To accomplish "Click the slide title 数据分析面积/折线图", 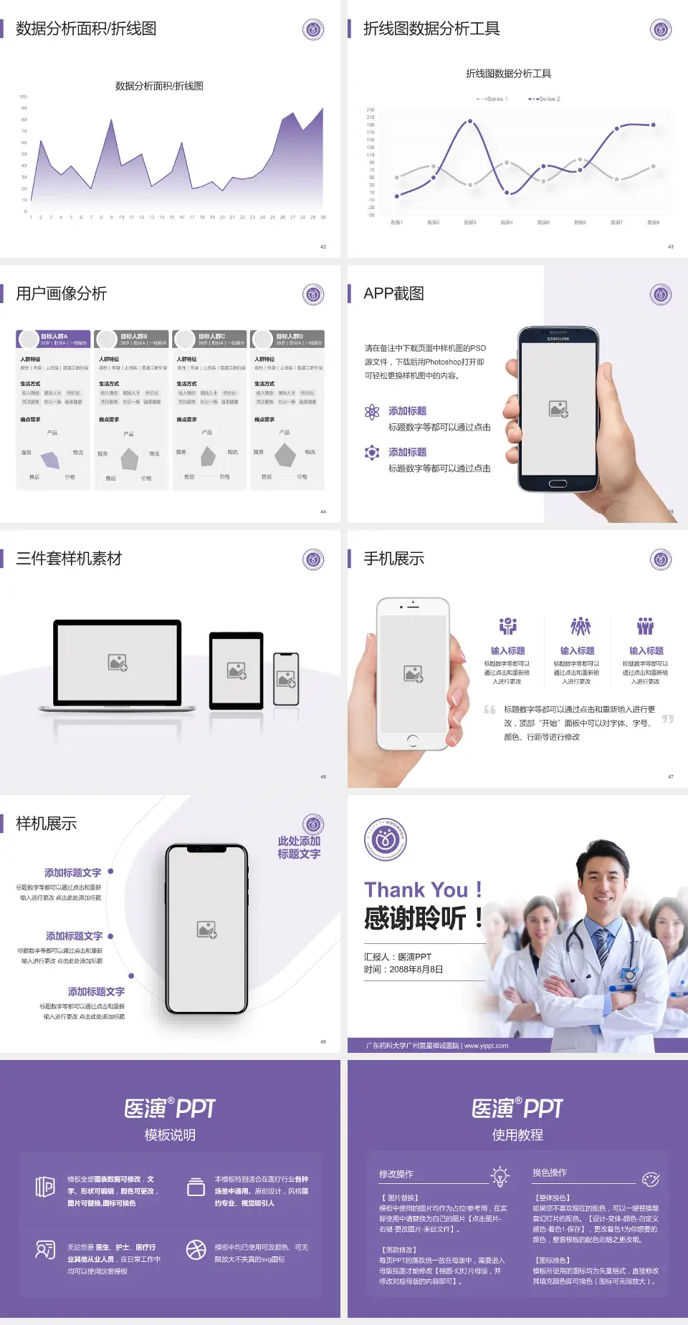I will (x=86, y=29).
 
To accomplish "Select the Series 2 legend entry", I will (x=546, y=99).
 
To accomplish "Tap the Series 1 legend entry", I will (x=493, y=99).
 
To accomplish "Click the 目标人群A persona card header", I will (x=54, y=339).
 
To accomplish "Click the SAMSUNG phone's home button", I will (x=558, y=483).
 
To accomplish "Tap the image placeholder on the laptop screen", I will (x=118, y=662).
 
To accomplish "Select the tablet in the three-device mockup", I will (x=236, y=671).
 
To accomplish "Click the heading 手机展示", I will (x=393, y=559).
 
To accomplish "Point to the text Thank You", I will (x=416, y=890).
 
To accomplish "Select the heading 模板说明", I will (x=170, y=1134).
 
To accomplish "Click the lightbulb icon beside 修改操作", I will (x=500, y=1176).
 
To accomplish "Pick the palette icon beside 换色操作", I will (x=650, y=1179).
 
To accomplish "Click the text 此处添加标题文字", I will (x=299, y=847).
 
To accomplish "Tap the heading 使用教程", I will (x=517, y=1134).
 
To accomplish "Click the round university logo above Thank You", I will (x=386, y=839).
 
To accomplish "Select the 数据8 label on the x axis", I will (x=653, y=223).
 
